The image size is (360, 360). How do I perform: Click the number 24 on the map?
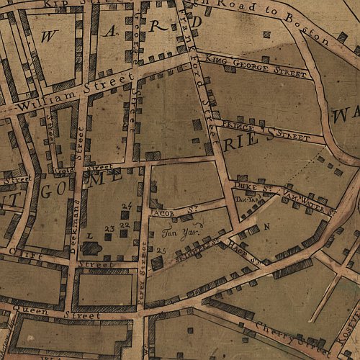126,207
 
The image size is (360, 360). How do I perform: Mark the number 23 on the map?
109,228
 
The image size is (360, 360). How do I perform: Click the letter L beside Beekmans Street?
89,235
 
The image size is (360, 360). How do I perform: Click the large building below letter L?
92,248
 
